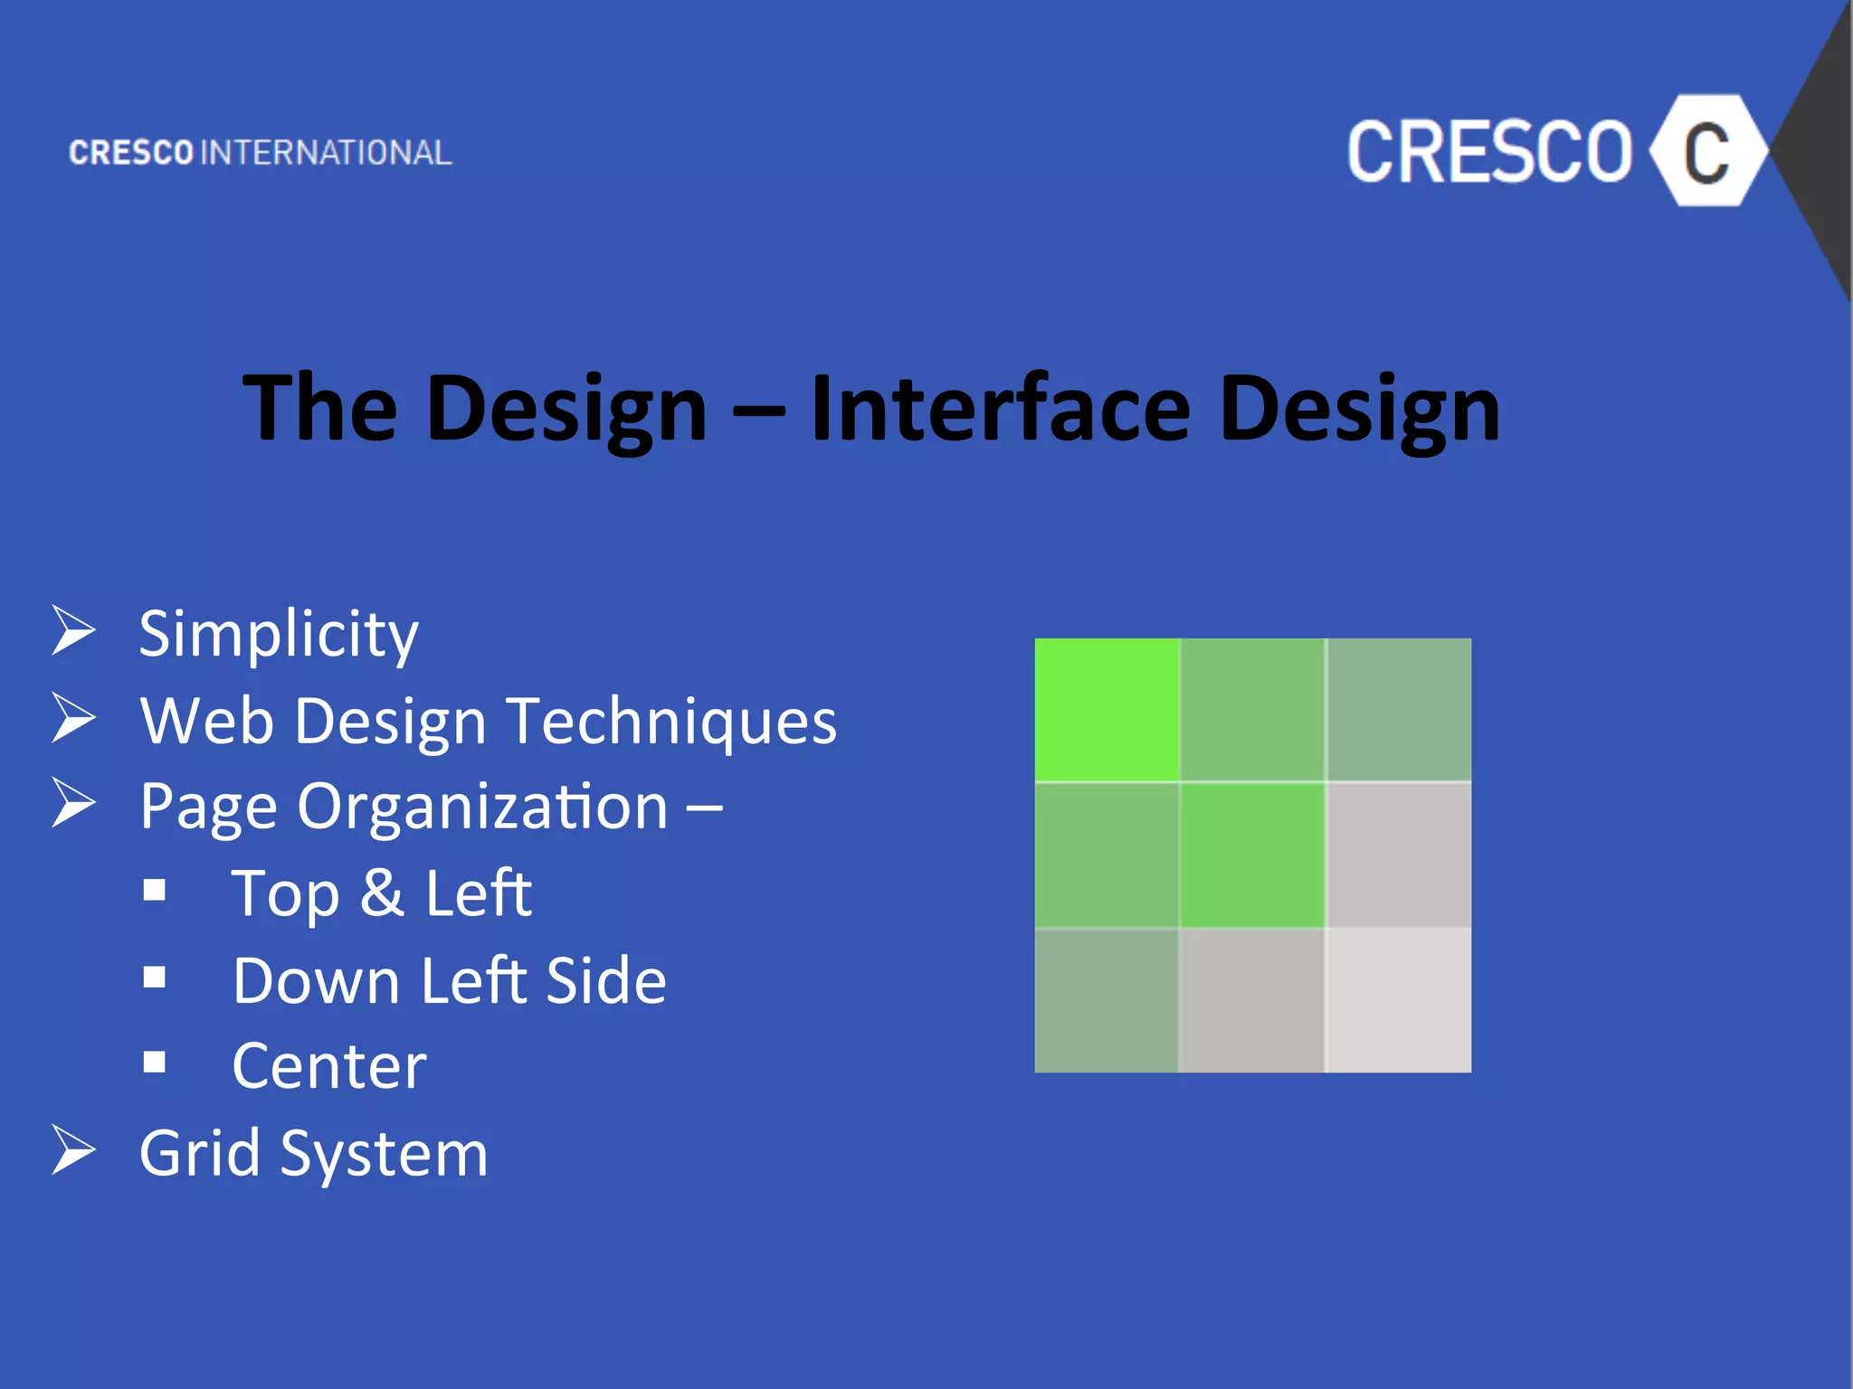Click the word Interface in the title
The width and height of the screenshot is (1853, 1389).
[x=1000, y=409]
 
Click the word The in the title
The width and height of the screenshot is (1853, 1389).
[x=319, y=409]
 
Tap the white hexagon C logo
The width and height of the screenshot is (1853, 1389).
[x=1706, y=151]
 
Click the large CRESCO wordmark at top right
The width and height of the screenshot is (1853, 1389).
[x=1488, y=152]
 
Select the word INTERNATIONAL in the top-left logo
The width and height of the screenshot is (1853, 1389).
[x=326, y=153]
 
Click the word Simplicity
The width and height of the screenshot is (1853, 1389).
[x=279, y=634]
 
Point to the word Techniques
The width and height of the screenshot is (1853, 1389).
[x=671, y=722]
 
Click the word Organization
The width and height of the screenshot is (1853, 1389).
[x=482, y=807]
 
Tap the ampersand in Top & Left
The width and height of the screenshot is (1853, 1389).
[x=381, y=893]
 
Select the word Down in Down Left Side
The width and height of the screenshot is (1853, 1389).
[x=316, y=981]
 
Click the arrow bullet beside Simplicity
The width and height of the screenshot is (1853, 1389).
[x=73, y=630]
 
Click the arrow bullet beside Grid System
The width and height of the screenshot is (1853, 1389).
[x=73, y=1150]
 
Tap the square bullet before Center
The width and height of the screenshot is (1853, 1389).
[x=155, y=1061]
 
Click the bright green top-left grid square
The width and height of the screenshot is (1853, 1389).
[x=1107, y=710]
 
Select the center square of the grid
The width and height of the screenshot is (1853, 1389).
[x=1252, y=855]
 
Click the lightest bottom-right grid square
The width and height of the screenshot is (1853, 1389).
[x=1399, y=1000]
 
